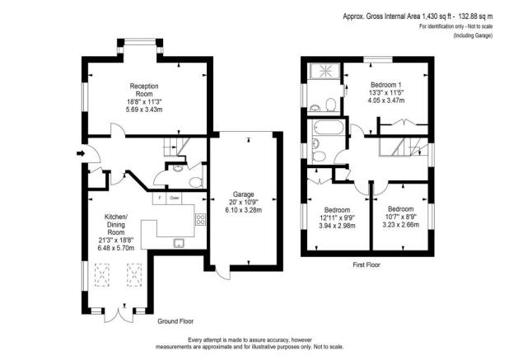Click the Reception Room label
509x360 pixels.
(142, 90)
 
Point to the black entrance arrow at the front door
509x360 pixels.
(78, 153)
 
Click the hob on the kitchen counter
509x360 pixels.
(199, 220)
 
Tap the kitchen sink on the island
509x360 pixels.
(178, 243)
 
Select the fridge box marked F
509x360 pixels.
(156, 199)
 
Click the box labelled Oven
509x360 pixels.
(174, 199)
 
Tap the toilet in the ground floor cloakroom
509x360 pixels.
(194, 182)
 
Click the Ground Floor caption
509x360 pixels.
(175, 320)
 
